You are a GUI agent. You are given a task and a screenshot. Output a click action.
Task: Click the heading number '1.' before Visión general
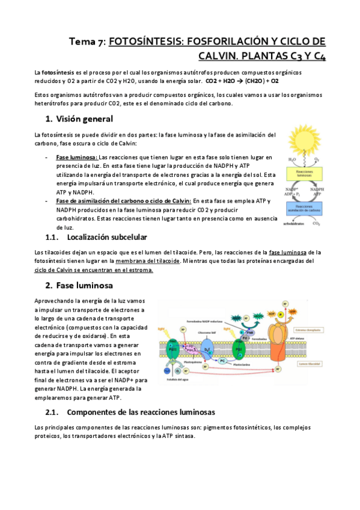(49, 119)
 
